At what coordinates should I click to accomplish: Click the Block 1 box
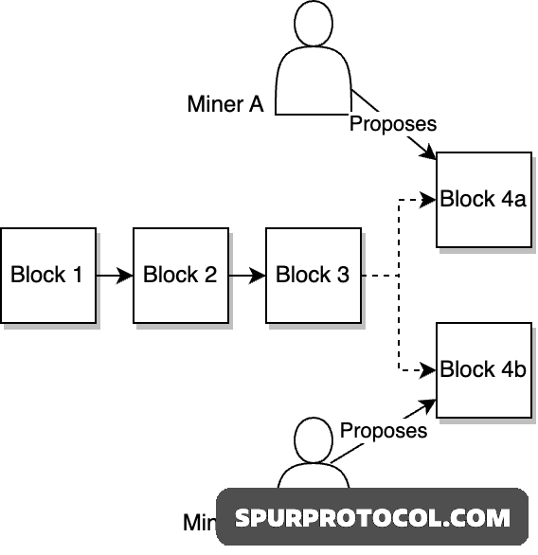(47, 275)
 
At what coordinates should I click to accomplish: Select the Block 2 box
(180, 275)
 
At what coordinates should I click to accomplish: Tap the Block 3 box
(313, 275)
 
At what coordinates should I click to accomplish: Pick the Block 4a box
(482, 199)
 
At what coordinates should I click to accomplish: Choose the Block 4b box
(482, 369)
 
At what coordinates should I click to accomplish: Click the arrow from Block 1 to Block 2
(114, 276)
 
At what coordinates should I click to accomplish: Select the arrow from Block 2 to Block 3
(246, 276)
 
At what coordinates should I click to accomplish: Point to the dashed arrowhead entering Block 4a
(429, 200)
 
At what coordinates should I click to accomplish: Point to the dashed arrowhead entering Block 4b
(429, 369)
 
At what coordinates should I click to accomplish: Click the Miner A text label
(224, 104)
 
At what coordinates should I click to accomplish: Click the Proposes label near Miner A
(393, 123)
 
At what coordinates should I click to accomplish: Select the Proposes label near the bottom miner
(384, 430)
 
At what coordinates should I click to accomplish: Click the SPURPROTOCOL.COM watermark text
(372, 518)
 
